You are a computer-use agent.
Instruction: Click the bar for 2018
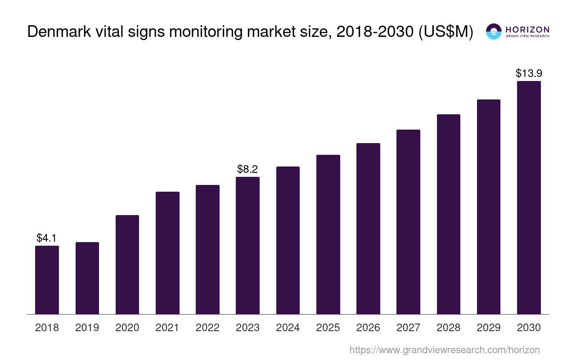click(47, 279)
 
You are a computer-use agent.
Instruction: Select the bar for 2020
click(127, 264)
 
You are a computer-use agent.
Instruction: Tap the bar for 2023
click(247, 245)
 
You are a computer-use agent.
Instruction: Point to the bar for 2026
click(368, 228)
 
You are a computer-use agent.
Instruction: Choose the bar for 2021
click(167, 252)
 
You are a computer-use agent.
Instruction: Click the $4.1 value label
click(47, 238)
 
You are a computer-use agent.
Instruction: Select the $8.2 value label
click(247, 169)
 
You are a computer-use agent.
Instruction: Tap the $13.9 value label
click(529, 73)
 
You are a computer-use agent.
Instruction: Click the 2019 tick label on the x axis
click(87, 328)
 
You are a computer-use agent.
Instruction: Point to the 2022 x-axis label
click(207, 328)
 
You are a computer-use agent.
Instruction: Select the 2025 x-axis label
click(328, 328)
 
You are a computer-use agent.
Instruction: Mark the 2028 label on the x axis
click(449, 328)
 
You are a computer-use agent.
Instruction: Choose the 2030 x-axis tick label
click(529, 328)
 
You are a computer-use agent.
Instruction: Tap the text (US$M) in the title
click(445, 31)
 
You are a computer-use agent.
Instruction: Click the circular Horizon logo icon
click(494, 31)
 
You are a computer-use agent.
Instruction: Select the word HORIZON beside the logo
click(527, 29)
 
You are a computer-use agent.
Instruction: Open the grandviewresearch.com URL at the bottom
click(444, 350)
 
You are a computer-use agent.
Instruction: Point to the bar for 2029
click(489, 207)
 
